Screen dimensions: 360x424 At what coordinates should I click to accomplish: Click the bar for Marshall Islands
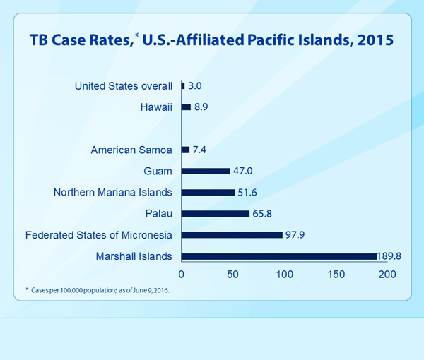point(279,256)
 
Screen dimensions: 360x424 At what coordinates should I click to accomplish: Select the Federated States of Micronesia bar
point(232,234)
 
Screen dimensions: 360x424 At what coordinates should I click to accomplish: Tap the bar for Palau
point(216,213)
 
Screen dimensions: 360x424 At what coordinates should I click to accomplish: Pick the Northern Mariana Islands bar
point(208,192)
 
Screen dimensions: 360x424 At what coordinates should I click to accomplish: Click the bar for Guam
point(206,171)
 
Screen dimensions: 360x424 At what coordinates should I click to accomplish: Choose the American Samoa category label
point(131,150)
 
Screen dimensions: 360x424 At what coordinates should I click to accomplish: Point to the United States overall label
point(124,86)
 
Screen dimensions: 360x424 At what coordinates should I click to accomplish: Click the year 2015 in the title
point(373,39)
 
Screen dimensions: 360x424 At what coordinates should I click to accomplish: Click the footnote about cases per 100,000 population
point(98,291)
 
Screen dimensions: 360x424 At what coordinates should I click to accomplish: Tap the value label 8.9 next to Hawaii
point(202,107)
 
